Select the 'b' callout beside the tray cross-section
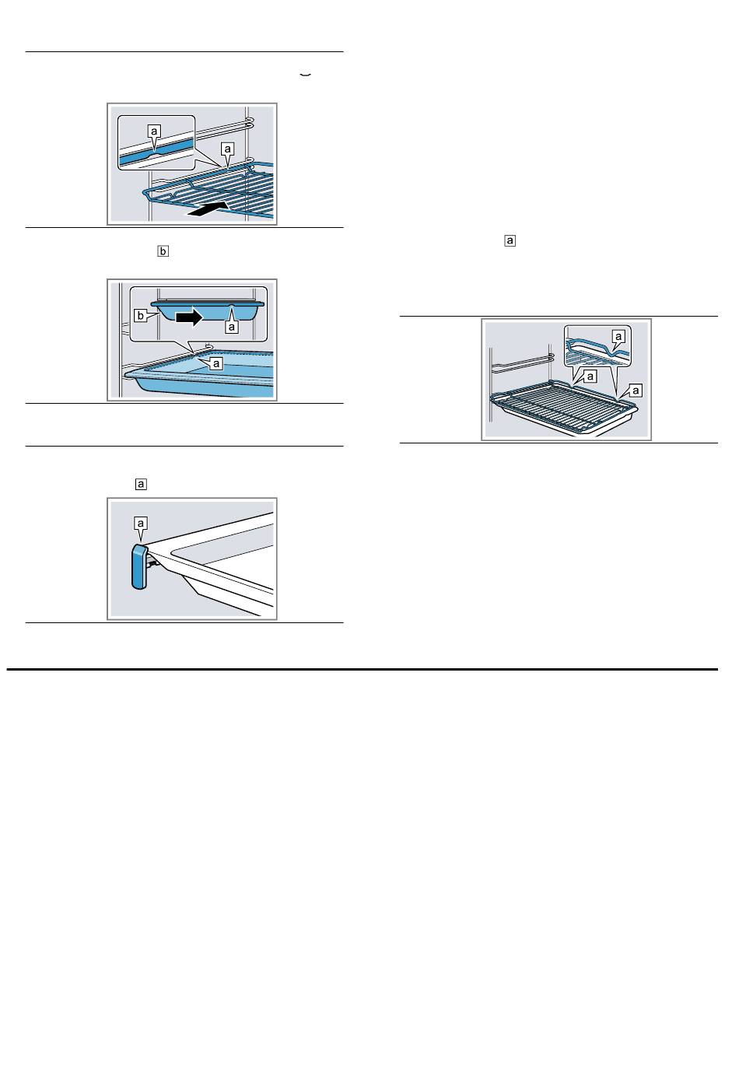140,316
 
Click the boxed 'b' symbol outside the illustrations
163,251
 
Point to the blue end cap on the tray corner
138,567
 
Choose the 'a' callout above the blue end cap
140,524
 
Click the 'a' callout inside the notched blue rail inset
153,131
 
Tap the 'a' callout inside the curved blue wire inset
618,337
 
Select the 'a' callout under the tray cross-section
232,327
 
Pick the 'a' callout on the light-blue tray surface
217,364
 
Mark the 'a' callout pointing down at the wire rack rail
228,149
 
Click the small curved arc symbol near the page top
305,75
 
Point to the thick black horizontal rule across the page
362,670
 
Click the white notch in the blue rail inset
155,155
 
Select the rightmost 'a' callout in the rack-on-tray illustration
636,391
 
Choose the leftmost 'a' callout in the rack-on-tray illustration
590,377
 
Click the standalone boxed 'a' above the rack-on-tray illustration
510,240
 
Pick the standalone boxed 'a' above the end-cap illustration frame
141,484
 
